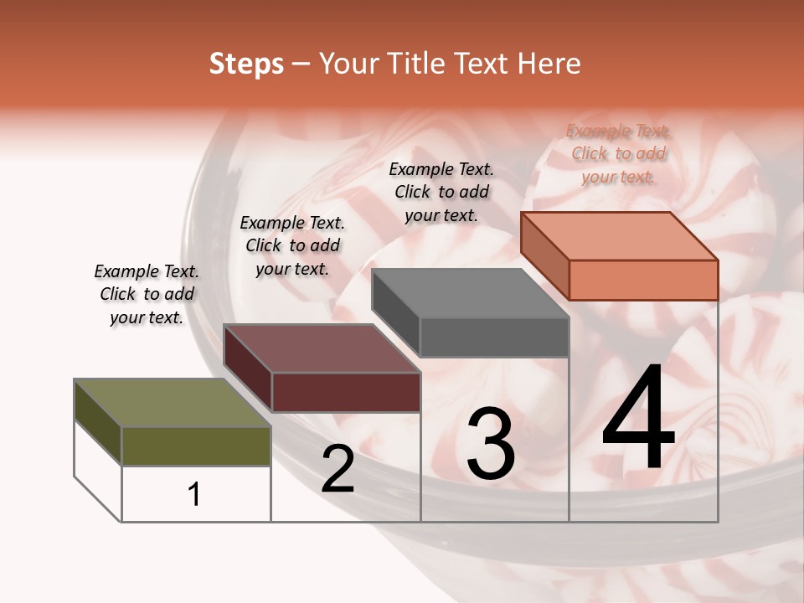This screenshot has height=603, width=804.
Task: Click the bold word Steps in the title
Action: click(246, 64)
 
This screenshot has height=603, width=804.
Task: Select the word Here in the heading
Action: click(549, 64)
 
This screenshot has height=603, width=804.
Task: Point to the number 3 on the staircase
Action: click(490, 444)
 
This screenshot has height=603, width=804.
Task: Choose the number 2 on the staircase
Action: click(338, 469)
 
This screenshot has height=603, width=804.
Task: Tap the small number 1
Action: click(194, 494)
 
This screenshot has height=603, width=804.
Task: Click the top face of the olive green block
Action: click(173, 403)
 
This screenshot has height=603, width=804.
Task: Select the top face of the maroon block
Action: click(322, 348)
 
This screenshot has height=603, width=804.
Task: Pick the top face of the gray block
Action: click(471, 293)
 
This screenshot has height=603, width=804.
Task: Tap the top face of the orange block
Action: click(620, 236)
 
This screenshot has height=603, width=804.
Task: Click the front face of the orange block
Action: click(643, 280)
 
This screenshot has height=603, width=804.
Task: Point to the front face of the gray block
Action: click(494, 338)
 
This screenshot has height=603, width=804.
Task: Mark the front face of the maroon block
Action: click(346, 392)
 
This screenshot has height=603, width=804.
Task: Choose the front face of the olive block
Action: click(196, 446)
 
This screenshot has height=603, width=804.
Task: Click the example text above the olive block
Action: click(147, 295)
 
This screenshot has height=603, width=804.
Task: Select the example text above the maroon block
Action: click(292, 246)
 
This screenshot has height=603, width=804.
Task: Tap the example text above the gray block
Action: click(441, 192)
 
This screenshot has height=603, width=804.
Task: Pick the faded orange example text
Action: click(618, 154)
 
